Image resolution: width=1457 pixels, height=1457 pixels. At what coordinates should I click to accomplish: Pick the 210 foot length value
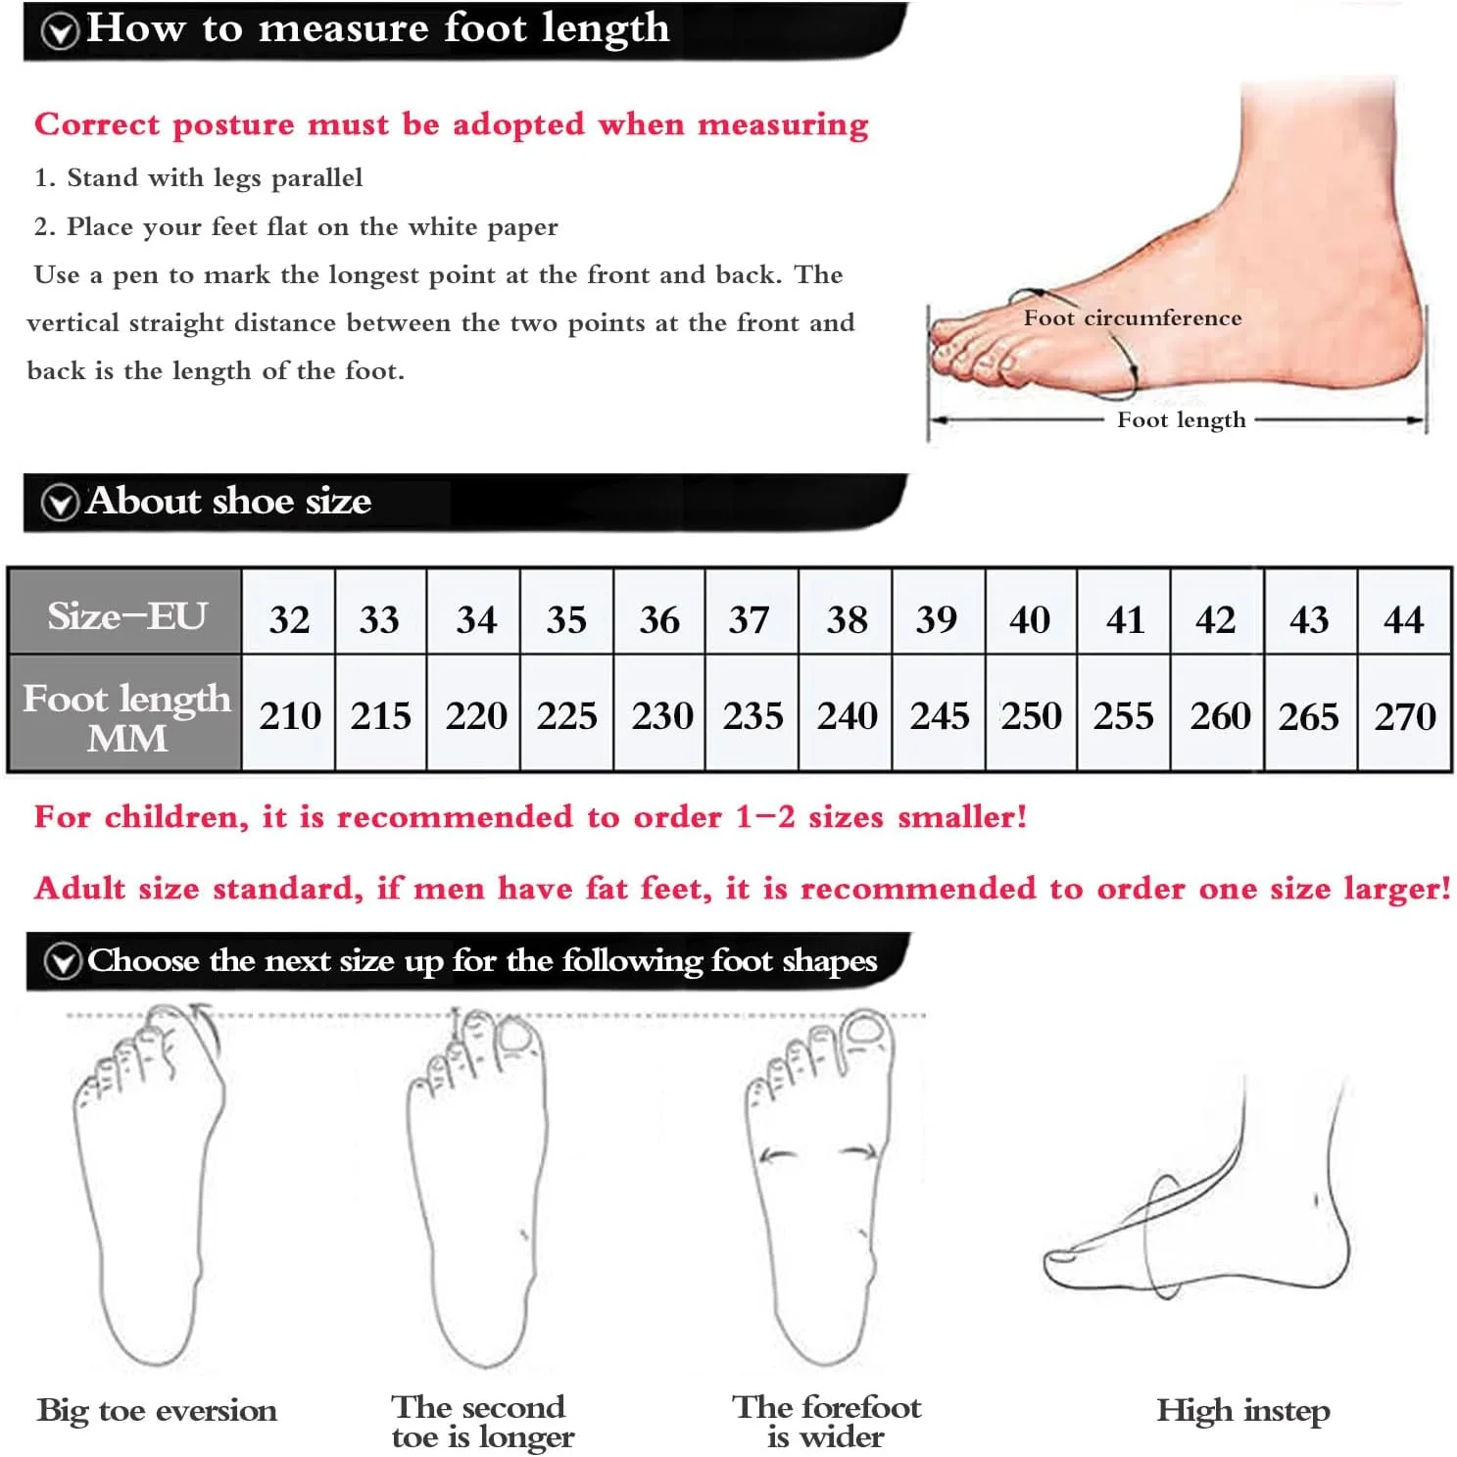pos(290,715)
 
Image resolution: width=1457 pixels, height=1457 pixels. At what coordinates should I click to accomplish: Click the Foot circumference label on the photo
pos(1133,318)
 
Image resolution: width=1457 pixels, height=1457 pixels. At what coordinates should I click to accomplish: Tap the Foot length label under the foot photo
pos(1182,420)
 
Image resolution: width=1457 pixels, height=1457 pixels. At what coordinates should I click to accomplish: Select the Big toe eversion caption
pos(157,1411)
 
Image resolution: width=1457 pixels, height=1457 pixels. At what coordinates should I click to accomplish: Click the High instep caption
pos(1243,1411)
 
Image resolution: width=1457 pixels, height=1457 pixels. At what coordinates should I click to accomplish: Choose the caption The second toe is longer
pos(482,1422)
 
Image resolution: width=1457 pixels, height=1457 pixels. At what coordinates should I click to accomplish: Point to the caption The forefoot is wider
pos(826,1422)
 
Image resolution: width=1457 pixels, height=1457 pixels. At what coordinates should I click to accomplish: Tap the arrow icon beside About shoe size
pos(60,503)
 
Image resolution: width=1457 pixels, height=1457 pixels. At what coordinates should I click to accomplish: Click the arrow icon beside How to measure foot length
pos(60,31)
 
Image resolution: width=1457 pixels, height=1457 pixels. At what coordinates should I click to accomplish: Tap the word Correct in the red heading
pos(96,124)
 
